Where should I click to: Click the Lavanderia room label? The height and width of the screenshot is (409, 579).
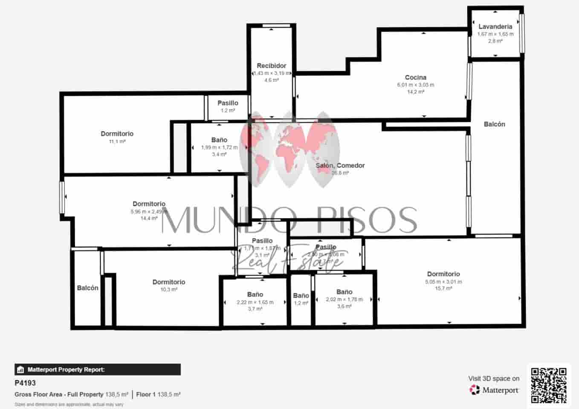(x=495, y=26)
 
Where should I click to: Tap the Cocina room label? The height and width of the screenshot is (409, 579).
(x=415, y=78)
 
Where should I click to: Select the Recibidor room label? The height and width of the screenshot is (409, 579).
(x=272, y=66)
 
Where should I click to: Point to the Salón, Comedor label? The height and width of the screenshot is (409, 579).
(x=340, y=165)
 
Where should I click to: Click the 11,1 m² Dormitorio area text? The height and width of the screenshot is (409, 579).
(x=117, y=141)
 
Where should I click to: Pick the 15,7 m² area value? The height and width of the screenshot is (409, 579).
(x=443, y=288)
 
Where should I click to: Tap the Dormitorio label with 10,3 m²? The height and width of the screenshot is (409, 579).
(x=169, y=282)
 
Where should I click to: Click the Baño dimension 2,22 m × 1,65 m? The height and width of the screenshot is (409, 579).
(x=255, y=302)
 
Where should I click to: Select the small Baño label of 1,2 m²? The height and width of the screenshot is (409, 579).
(x=301, y=296)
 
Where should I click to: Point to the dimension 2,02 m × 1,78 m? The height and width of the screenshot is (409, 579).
(x=344, y=300)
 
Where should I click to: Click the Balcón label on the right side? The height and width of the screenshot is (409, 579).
(x=494, y=124)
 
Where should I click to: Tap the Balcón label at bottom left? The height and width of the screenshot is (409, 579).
(x=87, y=288)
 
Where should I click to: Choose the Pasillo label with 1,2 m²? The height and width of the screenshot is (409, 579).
(x=228, y=103)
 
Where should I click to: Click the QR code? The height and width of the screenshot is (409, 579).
(x=549, y=386)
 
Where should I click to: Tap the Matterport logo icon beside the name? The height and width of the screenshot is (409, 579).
(x=475, y=390)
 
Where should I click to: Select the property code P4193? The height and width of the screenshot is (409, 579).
(x=25, y=383)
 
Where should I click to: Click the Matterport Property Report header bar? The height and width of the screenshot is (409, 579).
(x=98, y=369)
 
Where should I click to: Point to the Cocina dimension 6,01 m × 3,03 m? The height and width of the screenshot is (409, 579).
(x=415, y=85)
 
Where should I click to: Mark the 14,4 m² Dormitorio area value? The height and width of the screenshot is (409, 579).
(x=149, y=218)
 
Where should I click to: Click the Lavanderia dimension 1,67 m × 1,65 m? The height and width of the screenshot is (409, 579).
(x=495, y=34)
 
